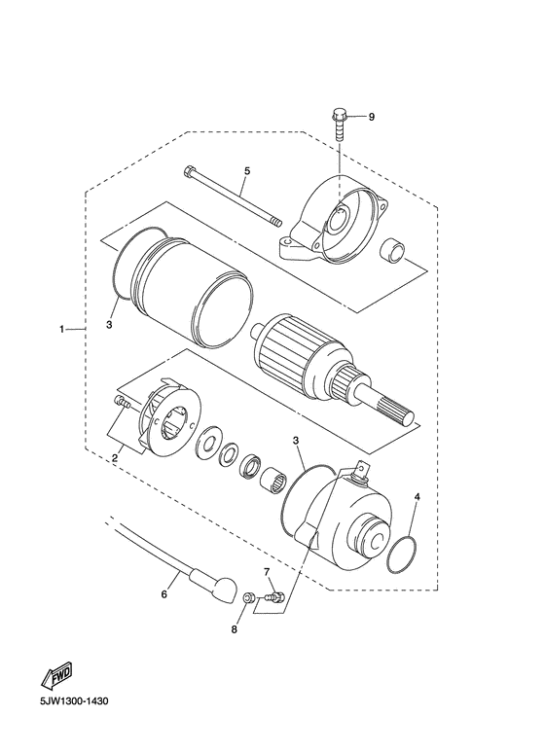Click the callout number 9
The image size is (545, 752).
tap(372, 117)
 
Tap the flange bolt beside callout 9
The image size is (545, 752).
tap(339, 125)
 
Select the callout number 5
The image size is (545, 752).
tap(247, 171)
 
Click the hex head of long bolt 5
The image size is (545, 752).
tap(189, 171)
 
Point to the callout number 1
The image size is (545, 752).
tap(61, 329)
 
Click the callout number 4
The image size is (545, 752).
tap(417, 497)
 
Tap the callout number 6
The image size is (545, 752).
tap(164, 594)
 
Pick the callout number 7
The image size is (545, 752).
tap(267, 571)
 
